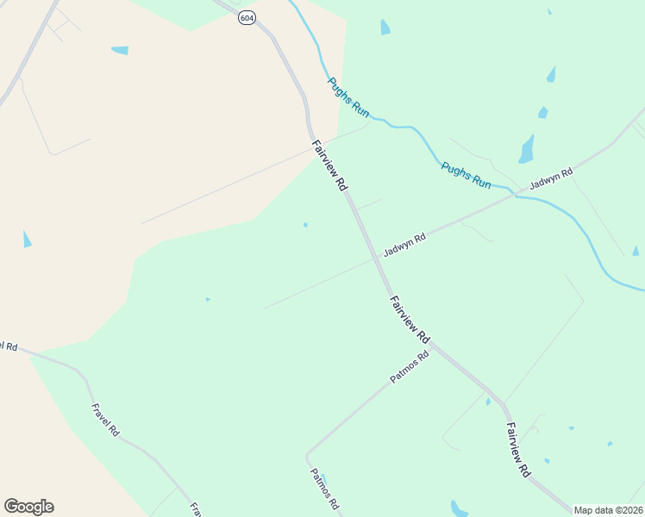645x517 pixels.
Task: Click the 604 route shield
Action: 247,17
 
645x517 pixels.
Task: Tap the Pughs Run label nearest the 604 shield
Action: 348,97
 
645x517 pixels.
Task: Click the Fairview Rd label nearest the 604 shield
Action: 329,165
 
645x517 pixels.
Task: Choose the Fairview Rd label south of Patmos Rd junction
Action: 517,449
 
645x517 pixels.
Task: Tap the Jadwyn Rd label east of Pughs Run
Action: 551,178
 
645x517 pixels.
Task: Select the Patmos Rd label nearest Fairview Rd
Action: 409,368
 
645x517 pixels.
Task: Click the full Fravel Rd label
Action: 104,420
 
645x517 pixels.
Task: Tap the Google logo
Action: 28,507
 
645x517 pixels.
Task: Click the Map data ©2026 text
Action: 609,510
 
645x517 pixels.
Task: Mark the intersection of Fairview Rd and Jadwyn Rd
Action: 377,256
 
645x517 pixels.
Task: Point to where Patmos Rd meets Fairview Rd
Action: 430,344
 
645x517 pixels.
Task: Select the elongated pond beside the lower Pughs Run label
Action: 526,150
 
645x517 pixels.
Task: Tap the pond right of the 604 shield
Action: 385,28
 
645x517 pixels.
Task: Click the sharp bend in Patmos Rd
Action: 307,453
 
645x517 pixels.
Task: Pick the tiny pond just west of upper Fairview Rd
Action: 305,225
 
